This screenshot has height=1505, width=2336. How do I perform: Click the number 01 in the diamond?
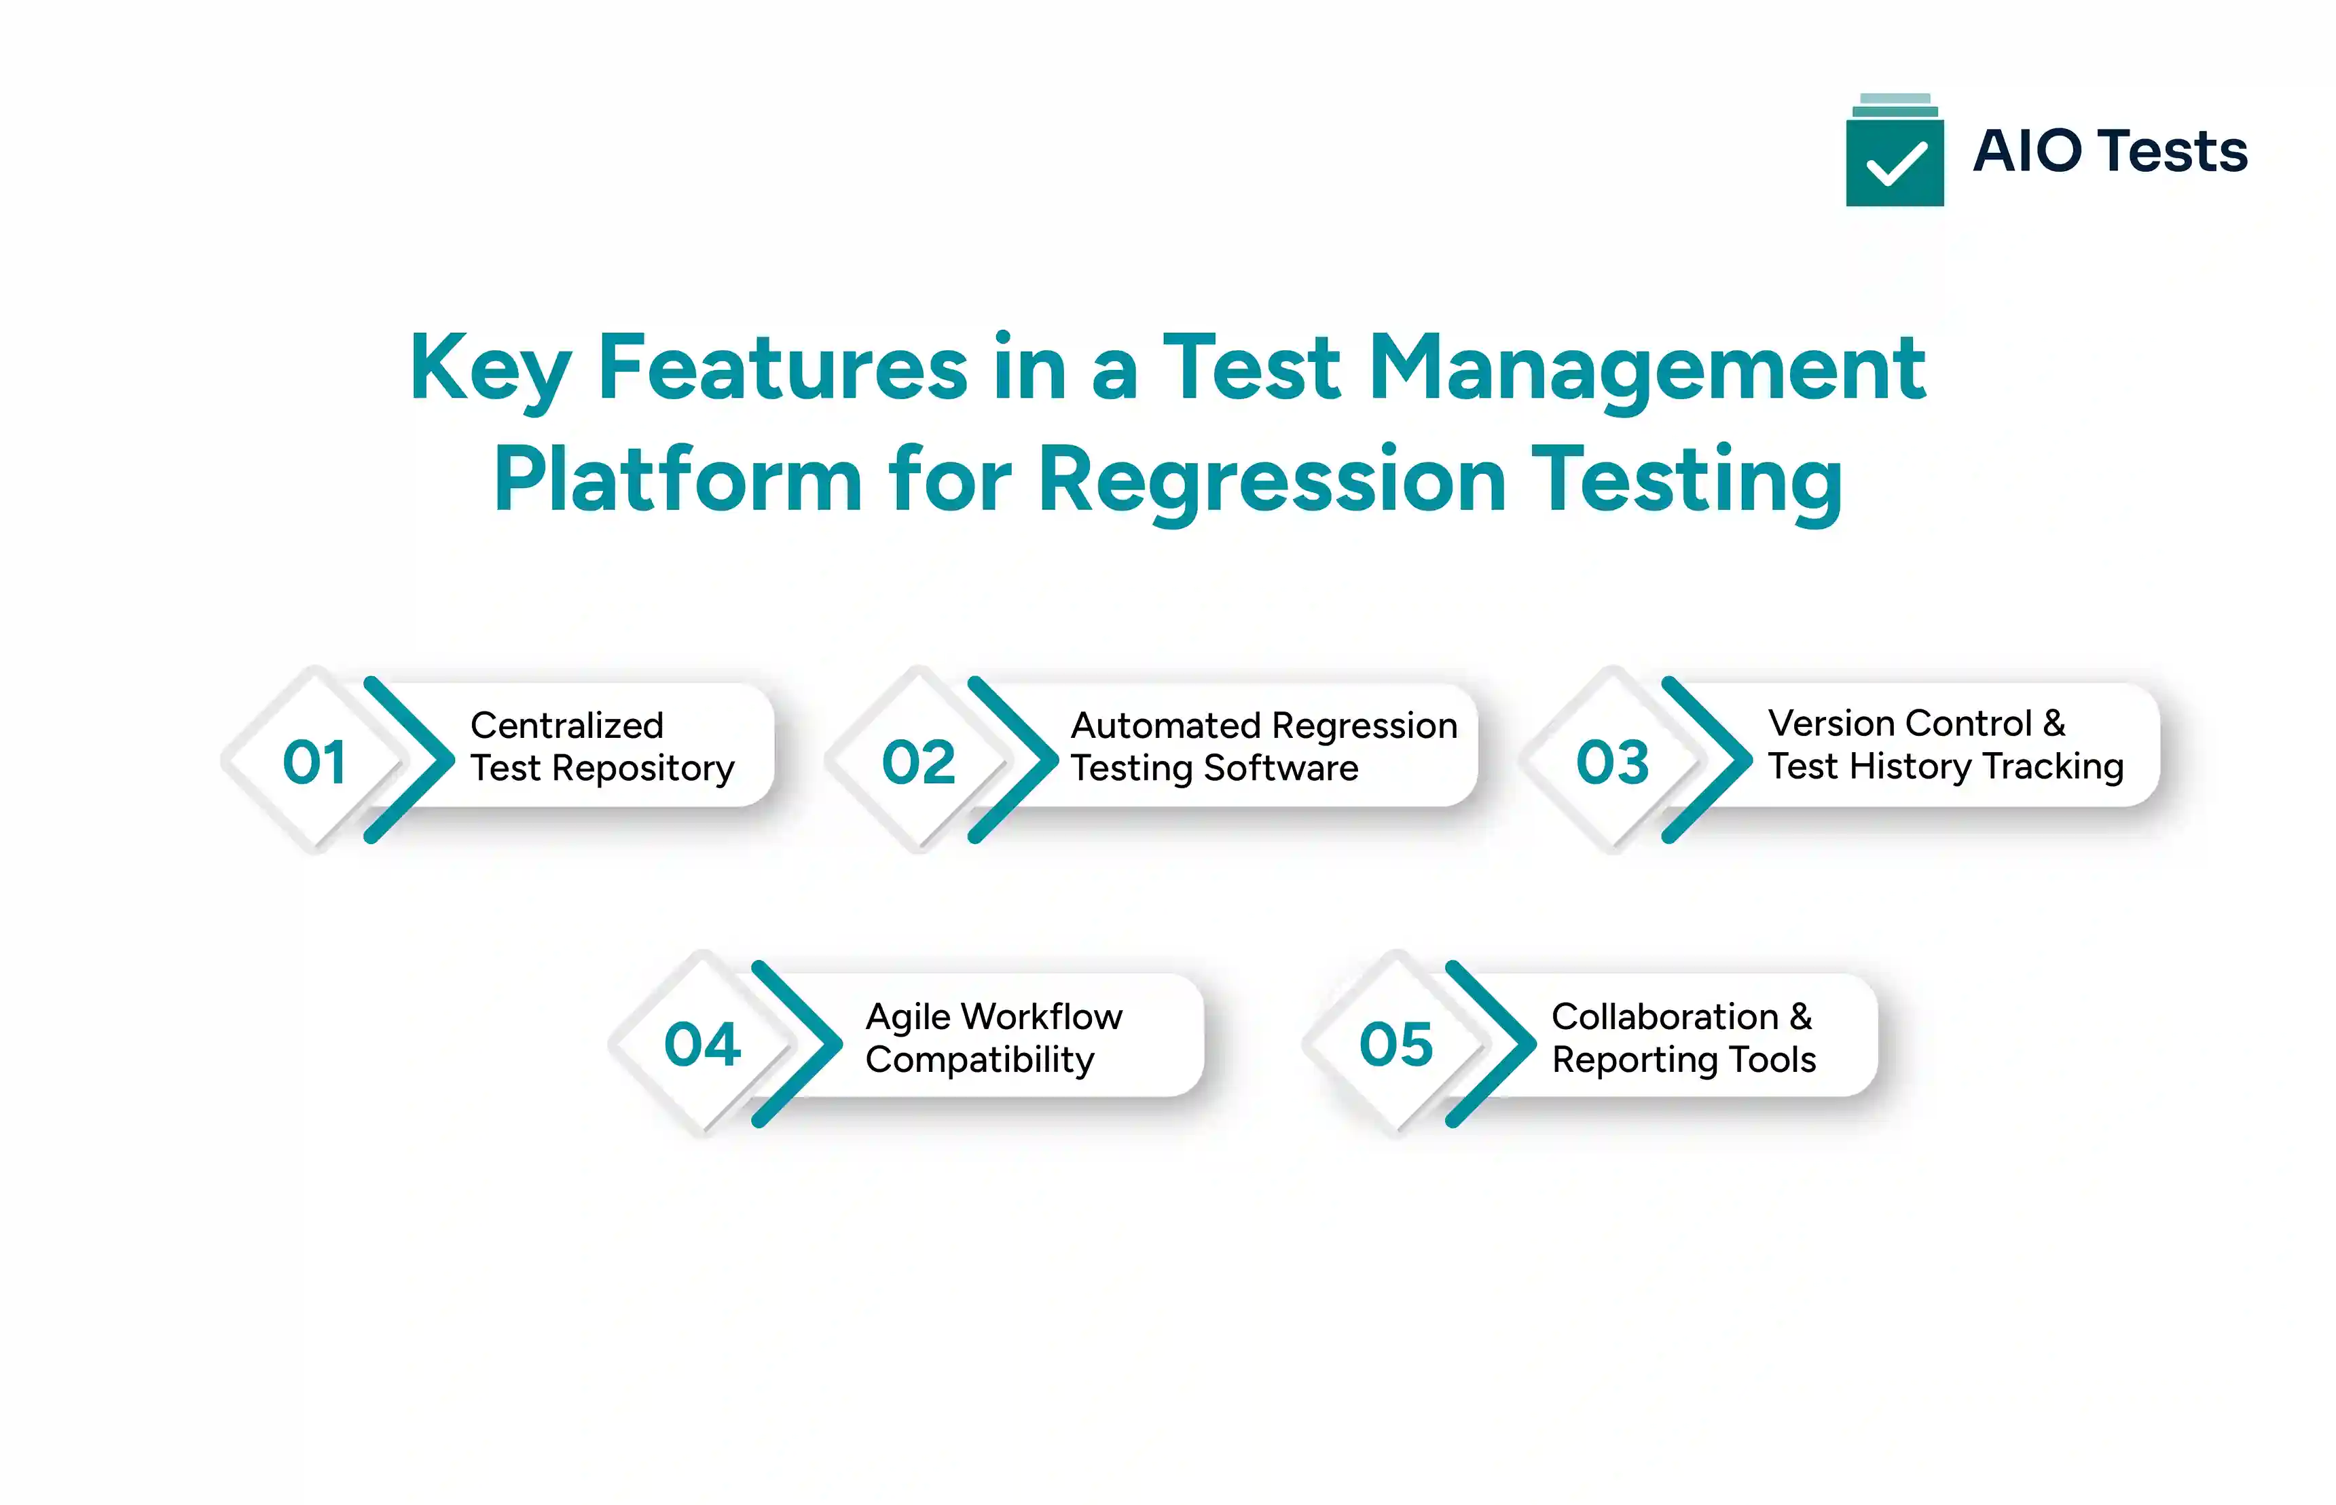click(x=314, y=762)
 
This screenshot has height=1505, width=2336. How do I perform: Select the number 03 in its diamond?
click(x=1611, y=762)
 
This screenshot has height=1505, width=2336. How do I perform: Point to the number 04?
click(x=701, y=1045)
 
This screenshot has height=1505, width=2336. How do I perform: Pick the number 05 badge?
click(x=1395, y=1045)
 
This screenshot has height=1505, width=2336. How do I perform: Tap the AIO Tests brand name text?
click(x=2109, y=151)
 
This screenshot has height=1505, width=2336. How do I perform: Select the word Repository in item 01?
click(x=642, y=769)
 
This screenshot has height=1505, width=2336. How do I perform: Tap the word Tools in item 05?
click(x=1771, y=1060)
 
